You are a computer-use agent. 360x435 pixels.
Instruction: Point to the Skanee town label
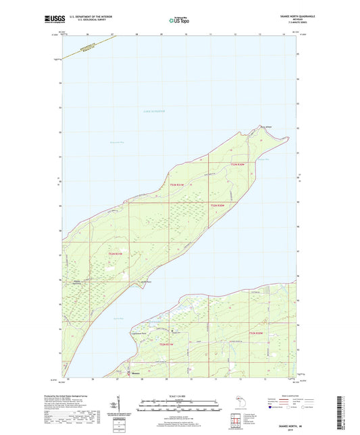tap(136, 373)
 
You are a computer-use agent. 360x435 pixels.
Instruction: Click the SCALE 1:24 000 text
tap(179, 396)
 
